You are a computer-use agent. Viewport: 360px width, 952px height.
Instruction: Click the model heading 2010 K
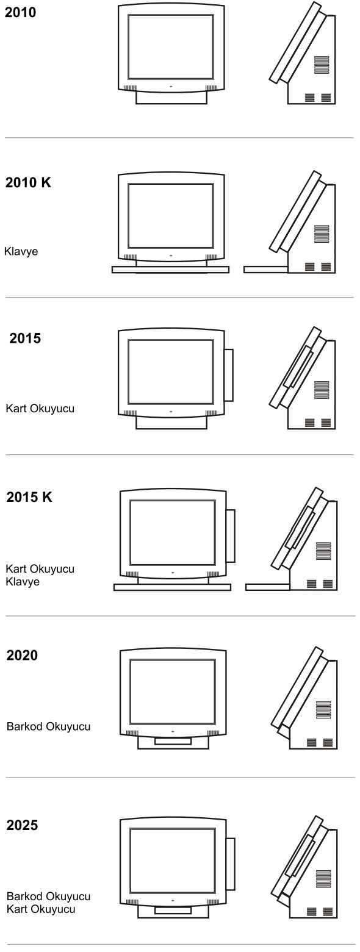tap(28, 182)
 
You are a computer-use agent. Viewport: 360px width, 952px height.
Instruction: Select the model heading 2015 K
tap(29, 497)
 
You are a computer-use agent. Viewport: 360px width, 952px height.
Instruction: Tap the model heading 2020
tap(22, 655)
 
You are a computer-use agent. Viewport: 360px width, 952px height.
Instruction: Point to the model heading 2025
tap(22, 825)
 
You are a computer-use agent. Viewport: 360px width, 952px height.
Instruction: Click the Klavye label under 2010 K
tap(21, 251)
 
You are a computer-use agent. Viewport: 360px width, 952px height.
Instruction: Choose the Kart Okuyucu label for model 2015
tap(40, 409)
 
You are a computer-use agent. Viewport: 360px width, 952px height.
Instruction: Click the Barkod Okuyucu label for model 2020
tap(48, 726)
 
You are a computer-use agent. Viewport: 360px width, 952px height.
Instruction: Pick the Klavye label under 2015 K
tap(23, 581)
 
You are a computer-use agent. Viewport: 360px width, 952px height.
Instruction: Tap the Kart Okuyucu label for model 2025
tap(41, 909)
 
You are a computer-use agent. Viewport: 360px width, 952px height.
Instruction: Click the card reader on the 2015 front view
tap(229, 375)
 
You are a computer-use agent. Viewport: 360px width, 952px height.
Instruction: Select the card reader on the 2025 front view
tap(231, 864)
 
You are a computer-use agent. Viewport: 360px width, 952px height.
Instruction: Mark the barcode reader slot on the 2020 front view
tap(173, 741)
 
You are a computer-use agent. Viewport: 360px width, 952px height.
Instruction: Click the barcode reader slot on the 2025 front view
tap(173, 911)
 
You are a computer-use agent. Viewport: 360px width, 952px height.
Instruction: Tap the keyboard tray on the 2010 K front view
tap(170, 270)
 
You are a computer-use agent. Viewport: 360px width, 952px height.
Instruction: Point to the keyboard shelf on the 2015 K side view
tap(268, 587)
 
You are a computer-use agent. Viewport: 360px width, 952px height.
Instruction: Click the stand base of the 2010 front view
tap(171, 98)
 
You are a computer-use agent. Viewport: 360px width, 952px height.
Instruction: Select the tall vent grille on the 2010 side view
tap(322, 65)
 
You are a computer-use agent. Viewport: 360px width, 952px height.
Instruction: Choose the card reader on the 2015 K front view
tap(231, 535)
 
